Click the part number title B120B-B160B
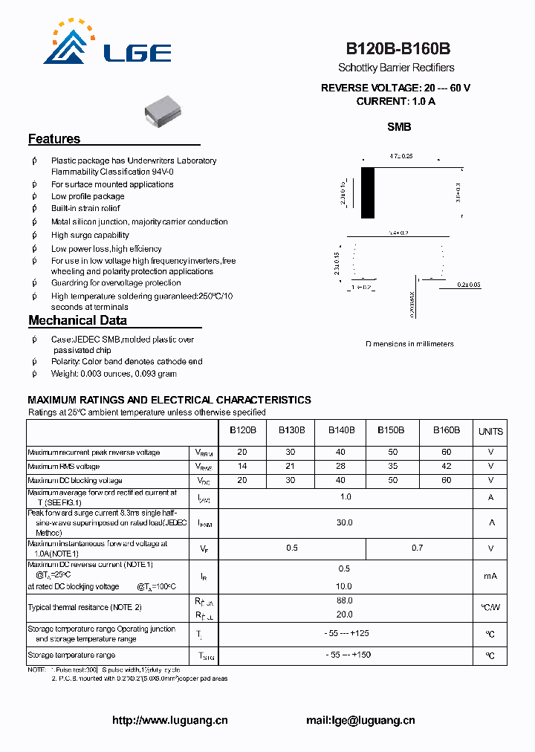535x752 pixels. pyautogui.click(x=398, y=49)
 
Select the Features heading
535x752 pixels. pyautogui.click(x=54, y=139)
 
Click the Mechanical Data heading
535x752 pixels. pyautogui.click(x=77, y=320)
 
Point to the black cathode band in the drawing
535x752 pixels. pyautogui.click(x=368, y=192)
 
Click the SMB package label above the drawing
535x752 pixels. pyautogui.click(x=399, y=127)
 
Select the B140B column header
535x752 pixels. pyautogui.click(x=341, y=430)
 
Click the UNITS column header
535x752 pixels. pyautogui.click(x=490, y=431)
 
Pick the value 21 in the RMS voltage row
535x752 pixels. pyautogui.click(x=291, y=466)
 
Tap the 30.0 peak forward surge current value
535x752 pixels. pyautogui.click(x=344, y=522)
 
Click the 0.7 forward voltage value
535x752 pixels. pyautogui.click(x=418, y=548)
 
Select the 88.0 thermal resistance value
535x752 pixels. pyautogui.click(x=344, y=600)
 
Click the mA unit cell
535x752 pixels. pyautogui.click(x=490, y=576)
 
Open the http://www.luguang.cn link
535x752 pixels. pyautogui.click(x=170, y=720)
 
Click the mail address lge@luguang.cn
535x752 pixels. pyautogui.click(x=360, y=720)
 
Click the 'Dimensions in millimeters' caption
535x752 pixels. pyautogui.click(x=409, y=344)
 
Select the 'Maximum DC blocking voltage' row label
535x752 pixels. pyautogui.click(x=75, y=480)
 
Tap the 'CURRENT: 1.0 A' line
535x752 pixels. pyautogui.click(x=395, y=101)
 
